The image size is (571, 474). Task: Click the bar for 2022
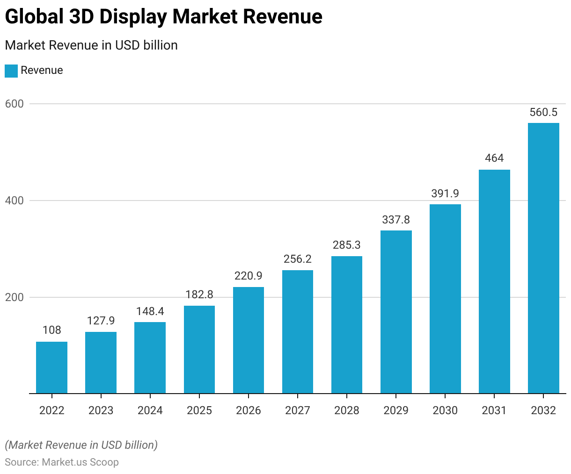point(51,367)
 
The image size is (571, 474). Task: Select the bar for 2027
point(298,332)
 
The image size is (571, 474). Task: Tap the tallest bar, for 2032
point(543,258)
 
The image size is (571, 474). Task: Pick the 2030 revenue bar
point(445,299)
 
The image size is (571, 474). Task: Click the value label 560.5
point(543,112)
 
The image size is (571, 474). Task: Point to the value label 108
point(51,330)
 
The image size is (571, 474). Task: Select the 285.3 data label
point(347,245)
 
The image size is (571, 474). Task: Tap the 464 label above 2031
point(494,158)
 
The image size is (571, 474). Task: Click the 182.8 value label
point(199,294)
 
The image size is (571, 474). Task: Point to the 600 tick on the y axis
point(14,104)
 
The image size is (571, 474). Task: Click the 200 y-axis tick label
point(14,297)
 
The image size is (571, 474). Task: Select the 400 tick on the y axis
point(14,201)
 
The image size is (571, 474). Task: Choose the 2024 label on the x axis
point(150,410)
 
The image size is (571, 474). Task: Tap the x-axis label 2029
point(396,410)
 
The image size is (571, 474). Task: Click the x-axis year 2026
point(249,410)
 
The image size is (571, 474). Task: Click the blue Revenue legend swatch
point(11,71)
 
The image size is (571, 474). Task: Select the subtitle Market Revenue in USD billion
point(91,45)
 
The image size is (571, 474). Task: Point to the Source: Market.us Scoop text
point(62,462)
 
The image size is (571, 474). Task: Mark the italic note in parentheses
point(81,445)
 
